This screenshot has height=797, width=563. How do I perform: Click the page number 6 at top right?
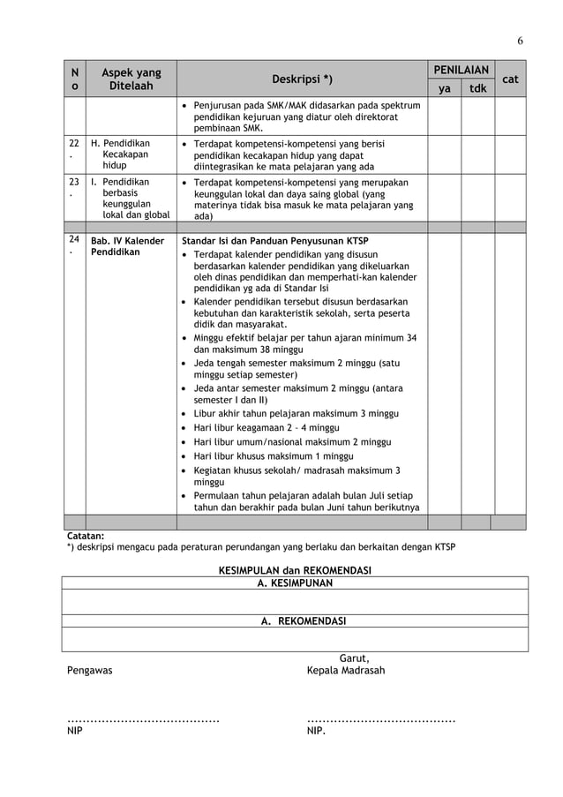[520, 41]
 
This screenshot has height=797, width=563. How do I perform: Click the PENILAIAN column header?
[462, 70]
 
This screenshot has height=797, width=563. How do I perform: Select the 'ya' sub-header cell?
[445, 88]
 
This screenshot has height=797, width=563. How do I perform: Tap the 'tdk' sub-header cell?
[477, 88]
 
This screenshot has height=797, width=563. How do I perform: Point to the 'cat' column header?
[510, 79]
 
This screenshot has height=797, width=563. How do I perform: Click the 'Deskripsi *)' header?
[302, 79]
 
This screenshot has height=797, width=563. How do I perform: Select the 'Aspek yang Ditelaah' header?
[131, 79]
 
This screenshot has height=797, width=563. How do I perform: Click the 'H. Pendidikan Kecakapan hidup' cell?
[121, 154]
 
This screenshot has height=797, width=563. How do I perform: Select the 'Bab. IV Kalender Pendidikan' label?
[127, 246]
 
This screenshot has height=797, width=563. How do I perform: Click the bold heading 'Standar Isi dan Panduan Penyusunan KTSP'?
[274, 241]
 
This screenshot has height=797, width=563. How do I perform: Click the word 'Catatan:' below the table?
[86, 535]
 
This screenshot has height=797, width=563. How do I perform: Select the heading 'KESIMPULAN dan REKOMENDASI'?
[295, 570]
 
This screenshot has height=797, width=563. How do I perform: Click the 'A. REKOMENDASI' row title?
[303, 620]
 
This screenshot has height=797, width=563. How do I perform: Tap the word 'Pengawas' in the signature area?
[90, 671]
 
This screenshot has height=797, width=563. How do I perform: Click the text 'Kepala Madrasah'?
[345, 671]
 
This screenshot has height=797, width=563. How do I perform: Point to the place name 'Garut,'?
[354, 658]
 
